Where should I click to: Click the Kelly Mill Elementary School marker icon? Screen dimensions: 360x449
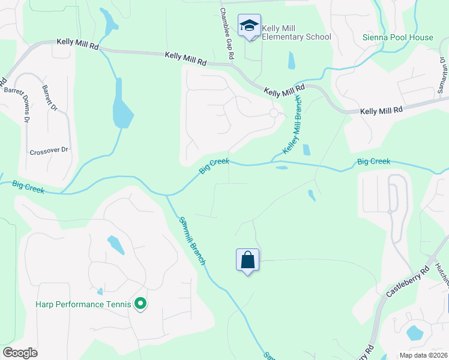click(x=249, y=26)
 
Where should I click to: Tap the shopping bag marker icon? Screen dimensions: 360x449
click(x=247, y=260)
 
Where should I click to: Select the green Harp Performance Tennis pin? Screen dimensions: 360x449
click(x=140, y=305)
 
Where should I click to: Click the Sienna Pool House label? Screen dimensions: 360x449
click(x=397, y=37)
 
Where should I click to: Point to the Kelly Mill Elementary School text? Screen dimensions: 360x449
click(x=297, y=32)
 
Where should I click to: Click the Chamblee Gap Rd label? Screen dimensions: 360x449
click(x=226, y=33)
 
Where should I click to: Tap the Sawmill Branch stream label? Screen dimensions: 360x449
click(x=192, y=240)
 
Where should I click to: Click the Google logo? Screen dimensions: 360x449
click(x=20, y=353)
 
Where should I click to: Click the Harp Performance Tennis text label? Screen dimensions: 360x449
click(x=83, y=305)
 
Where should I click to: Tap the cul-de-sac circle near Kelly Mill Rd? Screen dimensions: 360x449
click(x=274, y=113)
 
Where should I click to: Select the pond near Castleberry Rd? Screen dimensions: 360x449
click(x=414, y=332)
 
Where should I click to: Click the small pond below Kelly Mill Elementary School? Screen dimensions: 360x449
click(x=291, y=60)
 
